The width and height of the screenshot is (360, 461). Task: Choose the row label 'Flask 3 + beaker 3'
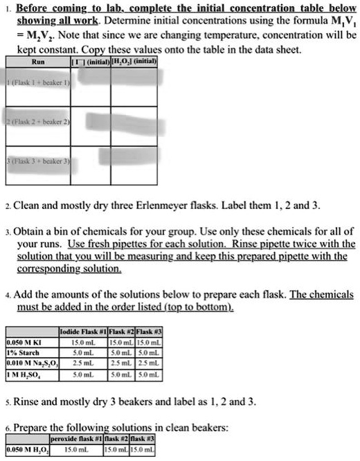pyautogui.click(x=35, y=161)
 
